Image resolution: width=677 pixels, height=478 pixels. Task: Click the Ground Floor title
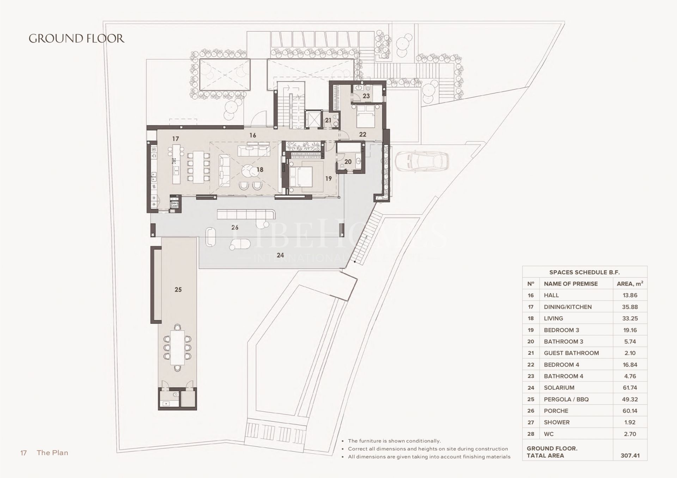(x=77, y=38)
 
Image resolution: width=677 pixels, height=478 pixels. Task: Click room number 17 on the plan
(x=176, y=139)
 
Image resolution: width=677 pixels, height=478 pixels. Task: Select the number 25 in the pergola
(x=178, y=290)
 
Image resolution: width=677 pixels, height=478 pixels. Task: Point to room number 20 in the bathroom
(x=348, y=162)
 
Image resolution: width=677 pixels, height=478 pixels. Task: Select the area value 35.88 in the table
(x=630, y=307)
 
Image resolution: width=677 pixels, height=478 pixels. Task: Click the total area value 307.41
(x=630, y=455)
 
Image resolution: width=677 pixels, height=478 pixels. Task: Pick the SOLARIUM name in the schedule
(x=559, y=387)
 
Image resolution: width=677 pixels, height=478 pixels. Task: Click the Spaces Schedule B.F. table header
(x=584, y=272)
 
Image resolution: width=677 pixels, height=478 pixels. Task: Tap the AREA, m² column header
(x=630, y=284)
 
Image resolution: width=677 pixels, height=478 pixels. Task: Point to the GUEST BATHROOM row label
(x=571, y=353)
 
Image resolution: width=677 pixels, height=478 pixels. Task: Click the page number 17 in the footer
(x=24, y=453)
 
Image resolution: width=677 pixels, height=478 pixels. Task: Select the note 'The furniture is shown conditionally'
(x=394, y=441)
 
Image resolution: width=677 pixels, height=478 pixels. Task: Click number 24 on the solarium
(x=280, y=255)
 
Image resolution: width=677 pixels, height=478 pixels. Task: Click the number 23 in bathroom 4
(x=366, y=96)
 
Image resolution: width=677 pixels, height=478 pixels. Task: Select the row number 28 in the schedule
(x=531, y=434)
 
